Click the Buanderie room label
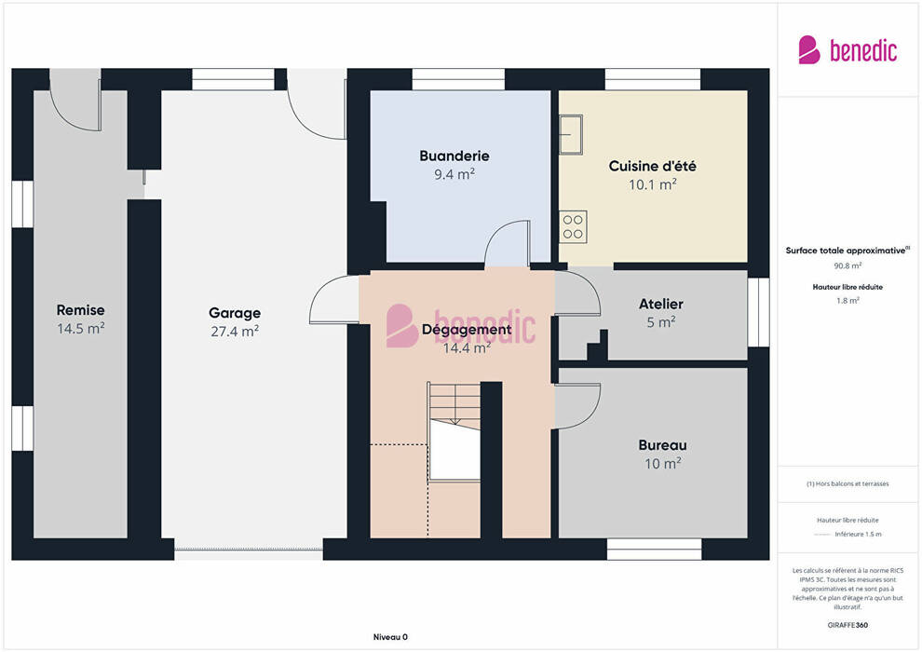[454, 156]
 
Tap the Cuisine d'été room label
[652, 167]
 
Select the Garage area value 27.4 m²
[235, 332]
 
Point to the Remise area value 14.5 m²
[80, 329]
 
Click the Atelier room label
[661, 304]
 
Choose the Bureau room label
[662, 445]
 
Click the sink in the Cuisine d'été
[570, 135]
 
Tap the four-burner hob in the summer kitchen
[572, 227]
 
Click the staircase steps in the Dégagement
[454, 406]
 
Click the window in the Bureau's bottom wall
[654, 550]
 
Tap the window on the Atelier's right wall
[758, 312]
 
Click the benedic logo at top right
[847, 50]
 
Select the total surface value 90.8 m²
[847, 265]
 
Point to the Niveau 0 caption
[390, 637]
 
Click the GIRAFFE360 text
[847, 625]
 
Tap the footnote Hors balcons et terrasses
[847, 483]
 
